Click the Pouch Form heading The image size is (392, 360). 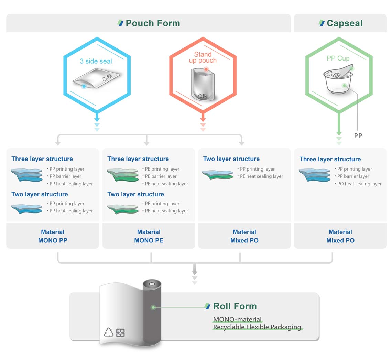pos(152,23)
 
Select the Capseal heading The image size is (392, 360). pos(344,23)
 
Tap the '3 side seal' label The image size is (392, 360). pos(96,61)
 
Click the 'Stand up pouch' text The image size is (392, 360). pos(203,57)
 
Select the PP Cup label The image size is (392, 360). pos(338,58)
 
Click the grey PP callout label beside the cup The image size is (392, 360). pos(358,136)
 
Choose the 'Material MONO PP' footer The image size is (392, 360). pos(53,236)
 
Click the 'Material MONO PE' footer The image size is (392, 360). pos(149,236)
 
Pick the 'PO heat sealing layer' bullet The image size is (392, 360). pos(359,184)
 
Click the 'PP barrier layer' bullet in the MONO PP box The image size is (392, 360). pos(65,176)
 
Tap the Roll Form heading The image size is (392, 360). pos(235,306)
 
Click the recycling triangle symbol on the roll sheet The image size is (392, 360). pos(109,332)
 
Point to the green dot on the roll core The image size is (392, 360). pos(153,307)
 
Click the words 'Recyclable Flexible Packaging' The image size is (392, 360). pos(257,327)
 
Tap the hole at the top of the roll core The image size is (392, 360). pos(152,284)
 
